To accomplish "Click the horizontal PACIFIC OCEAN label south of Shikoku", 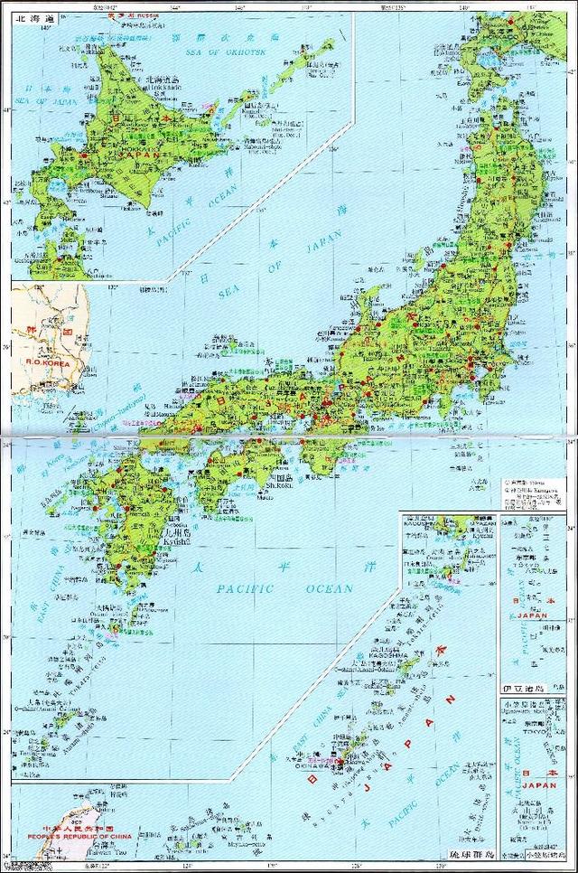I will (284, 590).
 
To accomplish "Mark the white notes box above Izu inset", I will (537, 493).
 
